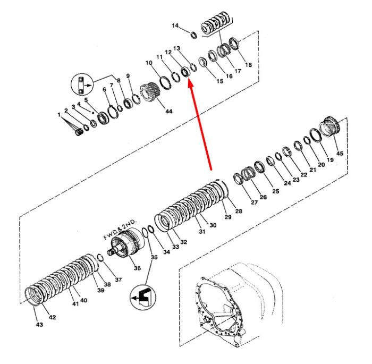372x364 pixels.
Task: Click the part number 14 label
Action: coord(175,26)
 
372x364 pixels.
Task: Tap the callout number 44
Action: coord(168,111)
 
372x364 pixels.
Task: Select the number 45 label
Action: coord(340,153)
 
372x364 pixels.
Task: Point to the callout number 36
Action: coord(137,268)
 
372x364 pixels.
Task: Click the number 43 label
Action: coord(39,324)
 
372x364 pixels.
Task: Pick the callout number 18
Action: coord(248,64)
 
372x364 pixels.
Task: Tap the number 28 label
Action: coord(239,211)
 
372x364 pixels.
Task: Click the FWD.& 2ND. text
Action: coord(121,230)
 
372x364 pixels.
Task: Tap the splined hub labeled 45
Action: coord(330,126)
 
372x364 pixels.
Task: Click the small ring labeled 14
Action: coord(194,35)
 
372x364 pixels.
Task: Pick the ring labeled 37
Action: coord(100,258)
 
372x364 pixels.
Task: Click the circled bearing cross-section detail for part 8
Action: coord(82,84)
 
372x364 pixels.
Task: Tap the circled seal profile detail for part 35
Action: coord(143,298)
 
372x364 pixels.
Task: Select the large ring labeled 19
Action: coord(316,136)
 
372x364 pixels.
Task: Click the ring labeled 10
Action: coord(165,82)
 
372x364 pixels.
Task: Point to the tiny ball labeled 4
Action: coord(93,113)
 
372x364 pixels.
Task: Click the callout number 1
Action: coord(59,115)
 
